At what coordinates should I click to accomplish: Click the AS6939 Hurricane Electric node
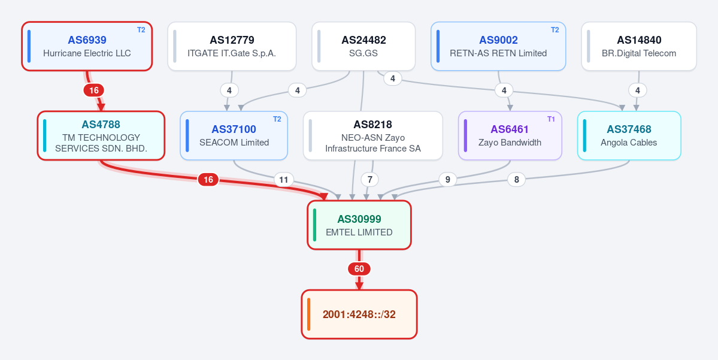(x=87, y=46)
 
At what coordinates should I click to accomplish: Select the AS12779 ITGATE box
(x=232, y=46)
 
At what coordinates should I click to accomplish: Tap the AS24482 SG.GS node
(x=363, y=46)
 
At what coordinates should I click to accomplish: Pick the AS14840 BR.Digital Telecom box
(x=639, y=46)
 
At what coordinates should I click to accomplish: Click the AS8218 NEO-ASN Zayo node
(x=372, y=135)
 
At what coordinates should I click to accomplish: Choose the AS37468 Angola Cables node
(x=629, y=135)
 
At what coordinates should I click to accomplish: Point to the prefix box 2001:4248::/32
(x=359, y=314)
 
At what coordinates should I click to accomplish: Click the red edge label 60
(x=359, y=269)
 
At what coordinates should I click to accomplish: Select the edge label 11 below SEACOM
(x=283, y=180)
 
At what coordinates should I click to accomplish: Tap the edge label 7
(x=369, y=180)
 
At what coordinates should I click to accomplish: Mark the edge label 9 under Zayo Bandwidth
(x=447, y=180)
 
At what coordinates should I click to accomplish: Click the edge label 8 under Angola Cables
(x=517, y=180)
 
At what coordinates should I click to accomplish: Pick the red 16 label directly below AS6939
(x=94, y=90)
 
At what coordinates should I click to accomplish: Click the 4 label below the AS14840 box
(x=637, y=90)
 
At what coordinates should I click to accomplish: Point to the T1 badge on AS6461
(x=551, y=120)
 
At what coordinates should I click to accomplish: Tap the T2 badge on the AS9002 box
(x=555, y=30)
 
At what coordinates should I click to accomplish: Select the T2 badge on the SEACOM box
(x=277, y=120)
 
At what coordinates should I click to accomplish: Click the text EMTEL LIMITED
(x=359, y=232)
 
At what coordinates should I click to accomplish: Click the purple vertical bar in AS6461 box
(x=466, y=135)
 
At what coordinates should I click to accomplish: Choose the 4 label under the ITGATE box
(x=229, y=90)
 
